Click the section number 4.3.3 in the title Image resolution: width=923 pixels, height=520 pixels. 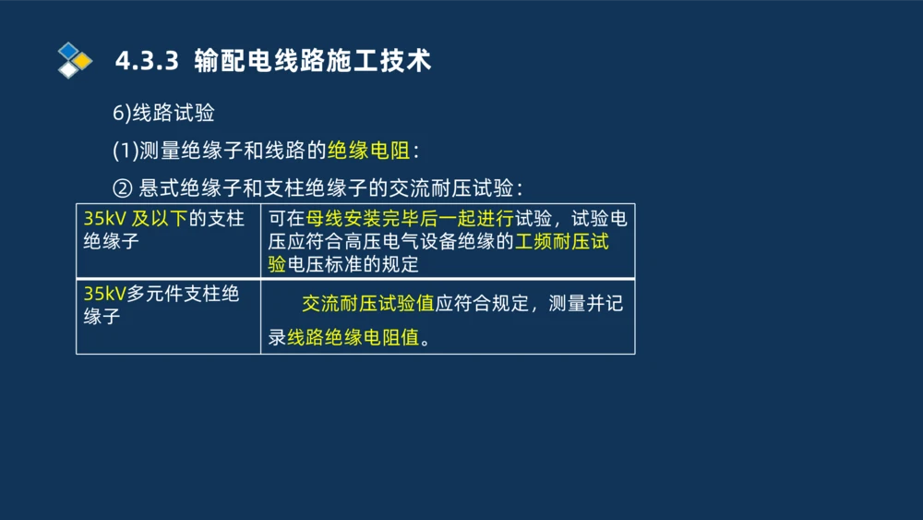point(146,62)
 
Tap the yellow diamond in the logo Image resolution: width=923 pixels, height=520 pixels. point(83,61)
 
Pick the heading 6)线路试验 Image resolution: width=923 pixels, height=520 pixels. point(163,114)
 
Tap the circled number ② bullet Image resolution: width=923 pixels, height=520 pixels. point(123,187)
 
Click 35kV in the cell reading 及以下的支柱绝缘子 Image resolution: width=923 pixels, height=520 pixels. point(99,219)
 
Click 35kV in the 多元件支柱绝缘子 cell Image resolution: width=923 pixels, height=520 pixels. point(99,294)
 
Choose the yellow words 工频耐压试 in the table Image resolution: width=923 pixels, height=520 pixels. point(562,242)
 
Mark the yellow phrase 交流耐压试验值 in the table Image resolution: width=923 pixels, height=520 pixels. point(367,304)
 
